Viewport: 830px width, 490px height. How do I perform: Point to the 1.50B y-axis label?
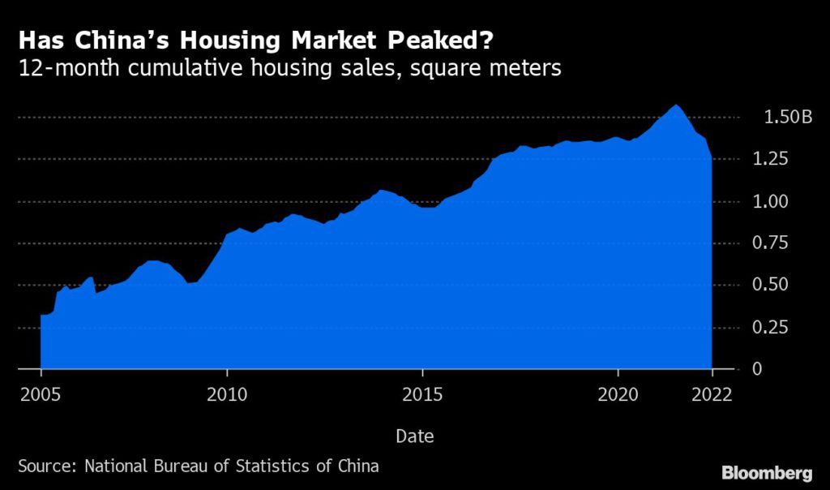coord(786,118)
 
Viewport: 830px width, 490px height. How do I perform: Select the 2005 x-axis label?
coord(41,394)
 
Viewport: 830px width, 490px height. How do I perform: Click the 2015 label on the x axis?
coord(421,394)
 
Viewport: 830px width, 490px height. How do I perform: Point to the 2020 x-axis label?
coord(617,394)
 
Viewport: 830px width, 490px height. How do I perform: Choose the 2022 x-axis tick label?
coord(711,394)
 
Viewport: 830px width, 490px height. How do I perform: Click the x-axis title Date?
coord(414,436)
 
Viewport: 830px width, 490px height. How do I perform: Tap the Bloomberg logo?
coord(766,472)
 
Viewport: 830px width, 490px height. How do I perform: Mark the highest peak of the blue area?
coord(674,105)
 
